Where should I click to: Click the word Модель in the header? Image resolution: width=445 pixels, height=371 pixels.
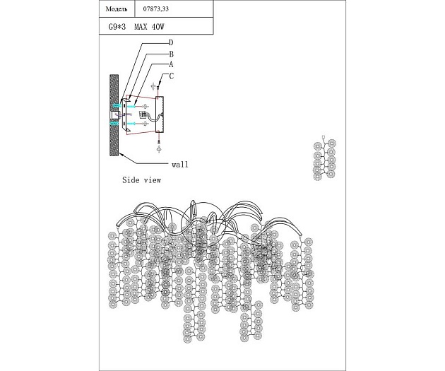[117, 10]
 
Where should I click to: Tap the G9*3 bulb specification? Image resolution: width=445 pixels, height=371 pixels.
[114, 27]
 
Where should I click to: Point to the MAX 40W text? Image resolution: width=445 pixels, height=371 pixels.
[149, 27]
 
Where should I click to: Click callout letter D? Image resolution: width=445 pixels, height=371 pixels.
[171, 43]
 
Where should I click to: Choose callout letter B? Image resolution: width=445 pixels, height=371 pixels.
[171, 54]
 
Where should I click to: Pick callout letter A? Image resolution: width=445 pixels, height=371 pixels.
[171, 64]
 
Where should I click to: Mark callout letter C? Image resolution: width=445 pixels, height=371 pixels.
[171, 76]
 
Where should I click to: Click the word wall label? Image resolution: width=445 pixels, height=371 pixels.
[179, 164]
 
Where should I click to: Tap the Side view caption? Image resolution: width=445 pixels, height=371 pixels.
[141, 180]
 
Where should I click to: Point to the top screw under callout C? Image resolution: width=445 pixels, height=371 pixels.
[159, 89]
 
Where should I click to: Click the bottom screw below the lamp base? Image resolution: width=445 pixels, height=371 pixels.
[159, 148]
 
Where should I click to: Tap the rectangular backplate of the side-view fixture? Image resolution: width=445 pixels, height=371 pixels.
[159, 114]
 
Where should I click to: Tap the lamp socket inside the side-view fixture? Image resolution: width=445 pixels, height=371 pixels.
[143, 114]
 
